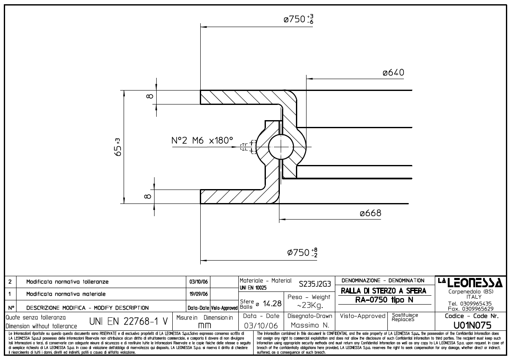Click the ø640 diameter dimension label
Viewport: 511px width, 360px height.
(393, 73)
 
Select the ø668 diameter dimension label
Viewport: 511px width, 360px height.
(370, 213)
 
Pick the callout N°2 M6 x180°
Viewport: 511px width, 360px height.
(202, 140)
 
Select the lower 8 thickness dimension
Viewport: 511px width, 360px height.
(147, 196)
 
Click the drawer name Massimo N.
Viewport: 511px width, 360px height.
(309, 325)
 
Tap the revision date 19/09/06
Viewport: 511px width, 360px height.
(199, 294)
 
